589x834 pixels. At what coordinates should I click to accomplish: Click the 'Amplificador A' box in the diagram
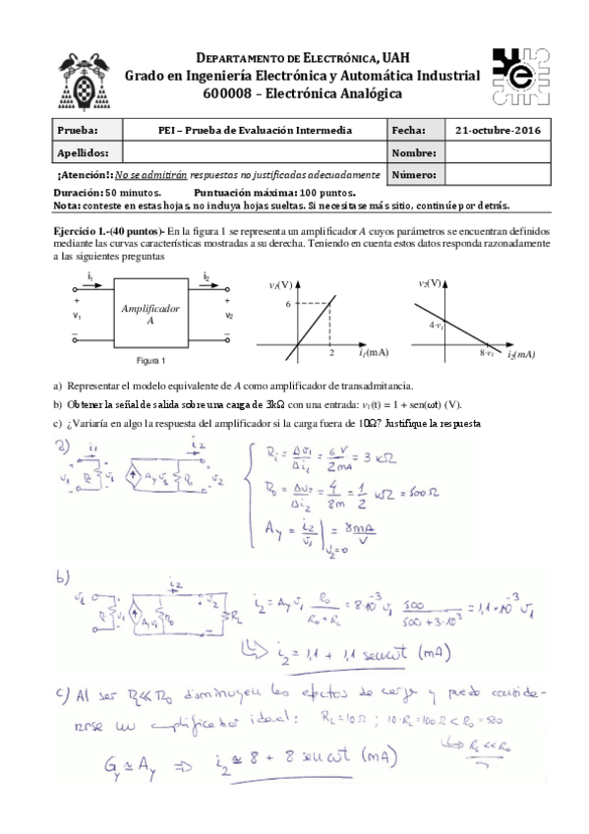coord(150,315)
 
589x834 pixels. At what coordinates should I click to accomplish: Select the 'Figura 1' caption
coord(150,360)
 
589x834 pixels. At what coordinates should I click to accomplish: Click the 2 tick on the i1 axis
coord(330,352)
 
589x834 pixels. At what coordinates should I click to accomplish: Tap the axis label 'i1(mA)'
coord(372,352)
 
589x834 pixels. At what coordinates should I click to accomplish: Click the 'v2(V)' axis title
coord(429,283)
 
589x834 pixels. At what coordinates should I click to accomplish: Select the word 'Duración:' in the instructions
coord(78,194)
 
